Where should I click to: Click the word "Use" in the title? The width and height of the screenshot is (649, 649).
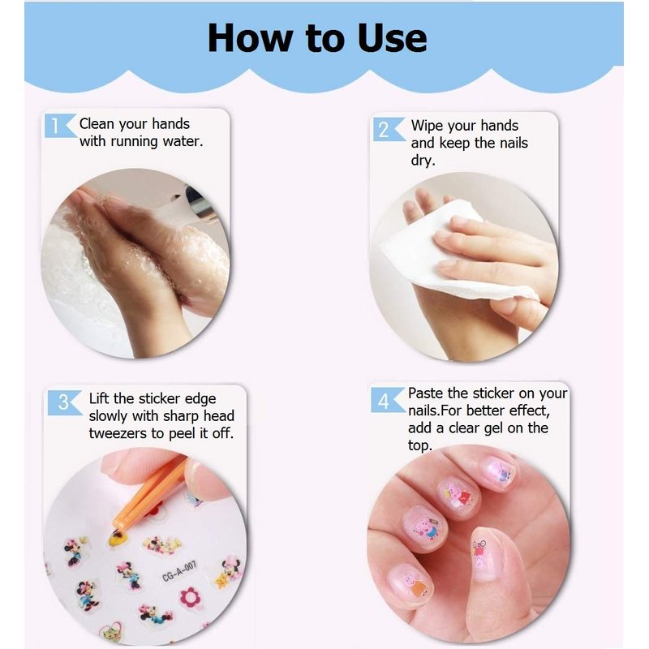(x=393, y=38)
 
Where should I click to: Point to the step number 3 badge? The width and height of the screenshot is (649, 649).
(x=64, y=402)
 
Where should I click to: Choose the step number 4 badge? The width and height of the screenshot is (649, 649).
(x=387, y=400)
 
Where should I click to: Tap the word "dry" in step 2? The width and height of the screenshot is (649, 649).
(x=423, y=160)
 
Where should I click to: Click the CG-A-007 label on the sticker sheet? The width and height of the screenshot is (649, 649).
(x=179, y=571)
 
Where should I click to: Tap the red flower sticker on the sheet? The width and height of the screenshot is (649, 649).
(x=190, y=597)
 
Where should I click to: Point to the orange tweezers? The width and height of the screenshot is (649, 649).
(x=148, y=493)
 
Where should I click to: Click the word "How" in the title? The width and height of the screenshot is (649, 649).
(x=250, y=38)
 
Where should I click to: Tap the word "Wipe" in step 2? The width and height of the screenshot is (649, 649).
(x=427, y=126)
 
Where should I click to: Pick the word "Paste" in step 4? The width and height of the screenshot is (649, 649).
(x=426, y=393)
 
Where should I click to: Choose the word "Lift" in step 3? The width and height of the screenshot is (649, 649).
(x=99, y=398)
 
